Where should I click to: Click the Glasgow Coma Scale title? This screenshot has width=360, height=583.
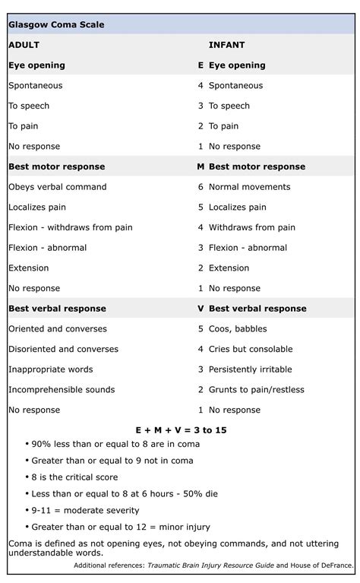(56, 24)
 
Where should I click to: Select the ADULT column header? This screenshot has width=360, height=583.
(24, 45)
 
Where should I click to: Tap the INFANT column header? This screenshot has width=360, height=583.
(226, 45)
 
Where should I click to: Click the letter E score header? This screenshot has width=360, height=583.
(201, 65)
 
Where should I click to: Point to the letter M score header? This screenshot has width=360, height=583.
(201, 166)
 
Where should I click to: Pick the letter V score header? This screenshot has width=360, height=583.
(201, 309)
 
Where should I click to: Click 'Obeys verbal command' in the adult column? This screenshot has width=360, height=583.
(57, 187)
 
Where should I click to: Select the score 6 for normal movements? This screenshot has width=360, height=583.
(201, 187)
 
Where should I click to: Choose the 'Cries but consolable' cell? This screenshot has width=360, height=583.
(251, 349)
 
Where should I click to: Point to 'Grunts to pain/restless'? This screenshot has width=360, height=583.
(256, 390)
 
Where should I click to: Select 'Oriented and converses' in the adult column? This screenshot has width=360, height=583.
(57, 329)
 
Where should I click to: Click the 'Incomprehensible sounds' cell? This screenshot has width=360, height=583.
(62, 390)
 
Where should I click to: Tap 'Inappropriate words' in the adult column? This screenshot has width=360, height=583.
(50, 369)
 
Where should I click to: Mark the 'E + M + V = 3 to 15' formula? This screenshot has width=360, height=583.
(180, 430)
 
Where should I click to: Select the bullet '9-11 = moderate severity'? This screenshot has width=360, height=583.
(85, 510)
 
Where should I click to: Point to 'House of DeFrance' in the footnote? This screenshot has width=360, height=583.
(322, 566)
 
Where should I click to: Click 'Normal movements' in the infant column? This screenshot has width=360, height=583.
(249, 187)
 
